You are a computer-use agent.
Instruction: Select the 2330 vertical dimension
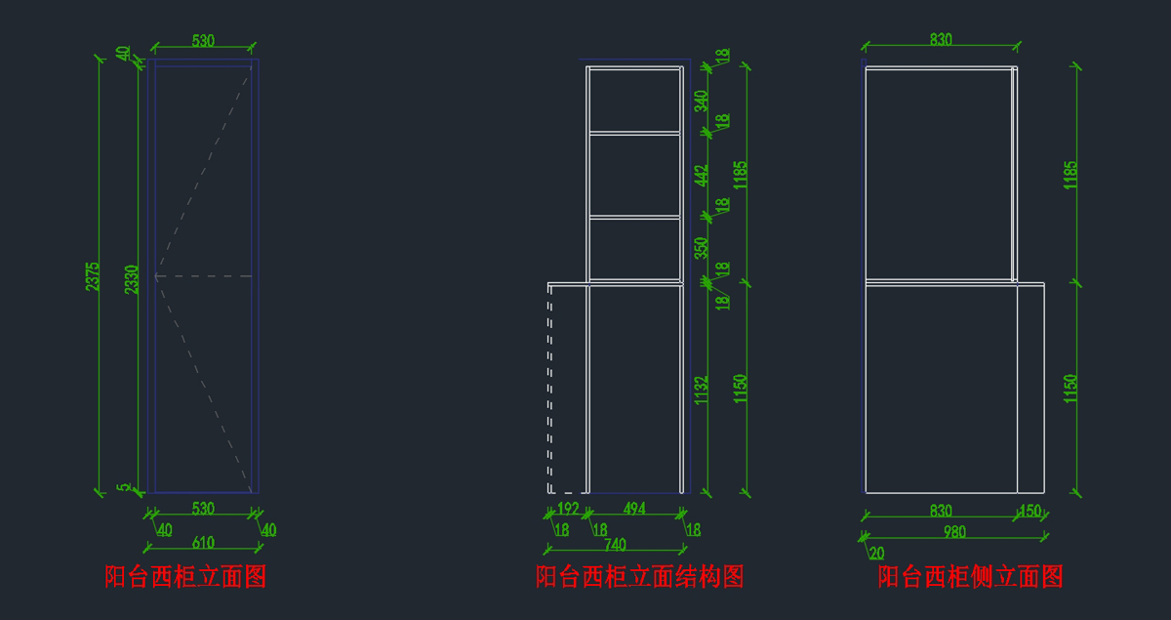click(x=132, y=278)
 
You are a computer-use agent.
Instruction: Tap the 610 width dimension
click(x=203, y=543)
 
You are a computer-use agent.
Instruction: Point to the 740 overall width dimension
click(x=615, y=544)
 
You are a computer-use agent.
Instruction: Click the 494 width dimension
click(x=634, y=508)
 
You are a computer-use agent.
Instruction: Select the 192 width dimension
click(x=568, y=508)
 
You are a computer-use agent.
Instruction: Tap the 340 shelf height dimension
click(x=701, y=101)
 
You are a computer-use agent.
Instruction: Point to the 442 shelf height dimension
click(x=701, y=175)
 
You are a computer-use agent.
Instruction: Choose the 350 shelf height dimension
click(x=701, y=248)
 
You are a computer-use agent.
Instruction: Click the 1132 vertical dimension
click(x=701, y=390)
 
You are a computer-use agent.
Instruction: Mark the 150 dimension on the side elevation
click(x=1030, y=511)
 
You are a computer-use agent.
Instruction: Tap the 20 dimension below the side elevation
click(x=876, y=552)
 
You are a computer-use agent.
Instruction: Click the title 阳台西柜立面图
click(x=185, y=576)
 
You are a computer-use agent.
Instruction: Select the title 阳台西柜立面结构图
click(x=639, y=576)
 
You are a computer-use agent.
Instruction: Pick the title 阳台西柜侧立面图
click(x=970, y=576)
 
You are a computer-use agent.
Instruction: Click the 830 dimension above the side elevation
click(x=941, y=40)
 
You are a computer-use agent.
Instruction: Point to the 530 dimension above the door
click(x=203, y=41)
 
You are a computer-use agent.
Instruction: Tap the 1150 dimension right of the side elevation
click(x=1070, y=389)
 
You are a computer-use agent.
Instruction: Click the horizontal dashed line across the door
click(x=204, y=276)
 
